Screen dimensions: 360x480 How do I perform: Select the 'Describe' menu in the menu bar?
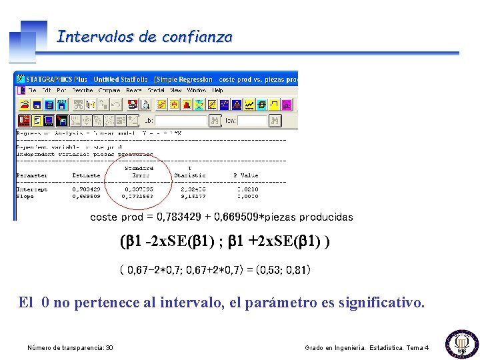[83, 90]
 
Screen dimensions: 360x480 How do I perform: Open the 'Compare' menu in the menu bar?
[109, 90]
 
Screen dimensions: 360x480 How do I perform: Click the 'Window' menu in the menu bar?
[197, 90]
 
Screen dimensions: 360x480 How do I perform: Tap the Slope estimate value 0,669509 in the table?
[86, 197]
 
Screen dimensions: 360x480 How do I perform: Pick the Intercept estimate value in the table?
[86, 189]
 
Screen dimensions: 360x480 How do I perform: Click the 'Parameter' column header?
[32, 175]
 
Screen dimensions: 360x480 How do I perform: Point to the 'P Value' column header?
[245, 175]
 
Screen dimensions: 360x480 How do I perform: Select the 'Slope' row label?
[25, 197]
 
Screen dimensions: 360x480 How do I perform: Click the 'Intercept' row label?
[32, 189]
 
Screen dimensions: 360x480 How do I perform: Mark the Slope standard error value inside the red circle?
[139, 197]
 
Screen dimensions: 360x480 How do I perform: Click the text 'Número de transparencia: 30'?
[70, 348]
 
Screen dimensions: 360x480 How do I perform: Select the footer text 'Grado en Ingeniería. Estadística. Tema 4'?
[367, 348]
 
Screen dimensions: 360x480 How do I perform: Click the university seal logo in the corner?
[461, 343]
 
